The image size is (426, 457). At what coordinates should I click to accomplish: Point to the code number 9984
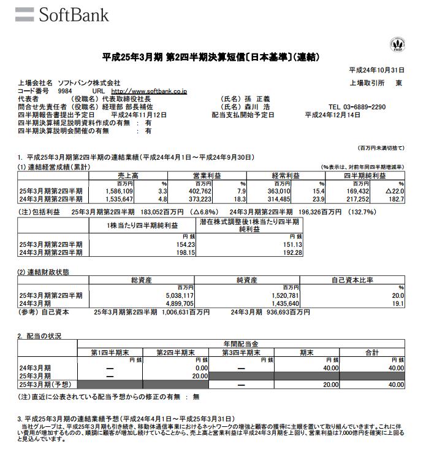(65, 91)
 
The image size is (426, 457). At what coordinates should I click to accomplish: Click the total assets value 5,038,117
(179, 295)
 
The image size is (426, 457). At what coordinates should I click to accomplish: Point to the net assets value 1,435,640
(282, 303)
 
